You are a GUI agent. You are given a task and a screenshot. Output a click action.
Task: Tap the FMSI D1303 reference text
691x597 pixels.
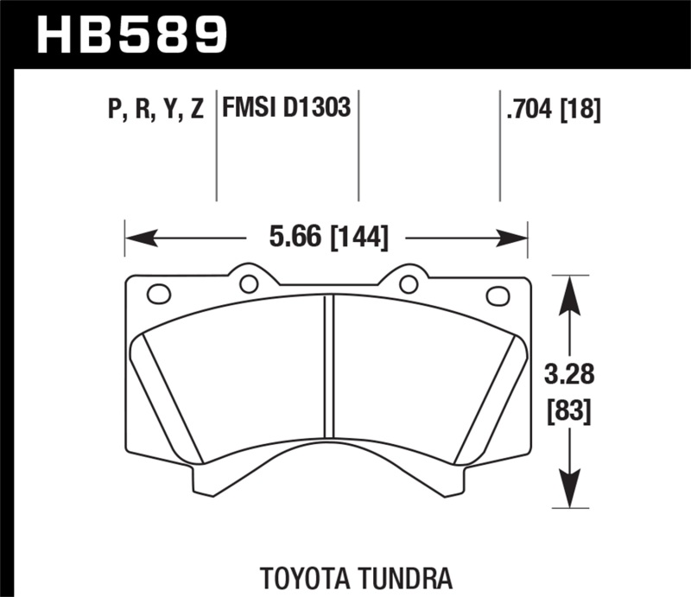(286, 109)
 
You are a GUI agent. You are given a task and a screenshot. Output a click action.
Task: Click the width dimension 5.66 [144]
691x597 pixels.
(327, 237)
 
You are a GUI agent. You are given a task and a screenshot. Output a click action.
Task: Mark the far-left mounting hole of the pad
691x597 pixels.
(159, 294)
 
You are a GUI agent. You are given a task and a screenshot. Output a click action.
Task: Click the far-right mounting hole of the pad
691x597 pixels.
(498, 295)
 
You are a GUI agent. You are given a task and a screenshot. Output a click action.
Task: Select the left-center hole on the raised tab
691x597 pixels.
(249, 283)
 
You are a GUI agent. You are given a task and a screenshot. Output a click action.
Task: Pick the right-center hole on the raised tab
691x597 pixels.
(409, 283)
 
